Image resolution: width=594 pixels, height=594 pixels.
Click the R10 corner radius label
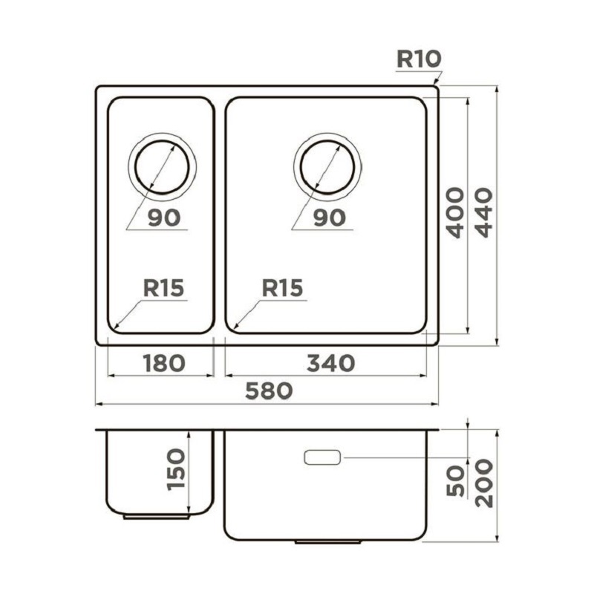[x=419, y=59]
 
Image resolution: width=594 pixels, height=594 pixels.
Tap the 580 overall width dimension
[x=269, y=391]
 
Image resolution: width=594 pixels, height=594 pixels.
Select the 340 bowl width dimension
[x=330, y=363]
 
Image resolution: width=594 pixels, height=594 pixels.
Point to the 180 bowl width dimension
[x=164, y=363]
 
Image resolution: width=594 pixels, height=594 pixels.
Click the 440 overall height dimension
[x=484, y=212]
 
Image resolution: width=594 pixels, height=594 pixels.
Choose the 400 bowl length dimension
[x=454, y=212]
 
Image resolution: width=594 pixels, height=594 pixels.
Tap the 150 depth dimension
[x=176, y=470]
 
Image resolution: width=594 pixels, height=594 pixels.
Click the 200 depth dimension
[x=484, y=483]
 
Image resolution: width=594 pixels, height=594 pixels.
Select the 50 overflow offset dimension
[x=455, y=480]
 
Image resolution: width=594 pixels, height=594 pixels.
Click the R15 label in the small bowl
[x=163, y=287]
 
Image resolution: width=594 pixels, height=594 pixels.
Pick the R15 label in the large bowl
[x=282, y=287]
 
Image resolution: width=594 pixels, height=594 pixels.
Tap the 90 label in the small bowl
[x=164, y=218]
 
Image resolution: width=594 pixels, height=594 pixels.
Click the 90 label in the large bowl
[x=329, y=218]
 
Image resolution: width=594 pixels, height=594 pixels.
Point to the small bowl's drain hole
[x=162, y=167]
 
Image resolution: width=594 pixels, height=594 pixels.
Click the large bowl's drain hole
[x=327, y=167]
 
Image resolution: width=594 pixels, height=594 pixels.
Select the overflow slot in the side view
[x=322, y=457]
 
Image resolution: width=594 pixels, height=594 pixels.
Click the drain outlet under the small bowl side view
[x=156, y=517]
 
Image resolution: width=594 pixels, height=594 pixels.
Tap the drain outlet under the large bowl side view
[x=327, y=542]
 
